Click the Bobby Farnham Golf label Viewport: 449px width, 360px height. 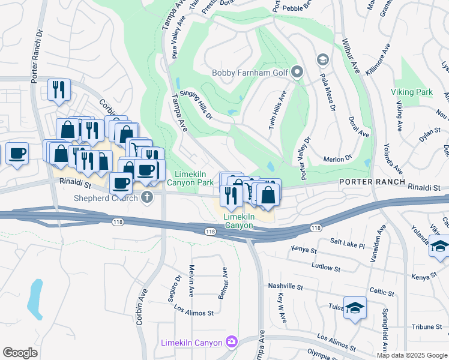[251, 73]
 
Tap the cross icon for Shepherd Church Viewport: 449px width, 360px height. [146, 198]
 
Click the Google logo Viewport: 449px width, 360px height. [20, 353]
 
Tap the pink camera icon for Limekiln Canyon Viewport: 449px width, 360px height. [232, 343]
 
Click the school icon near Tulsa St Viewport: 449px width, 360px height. [355, 308]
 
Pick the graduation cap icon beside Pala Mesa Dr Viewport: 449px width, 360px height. [323, 59]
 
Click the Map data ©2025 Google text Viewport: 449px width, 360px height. [411, 355]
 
